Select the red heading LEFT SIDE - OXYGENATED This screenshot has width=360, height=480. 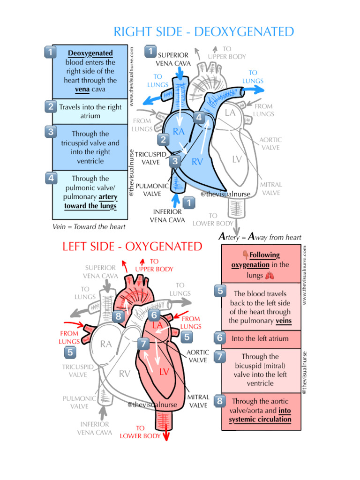[x=132, y=247]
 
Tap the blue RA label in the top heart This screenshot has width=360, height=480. [x=179, y=132]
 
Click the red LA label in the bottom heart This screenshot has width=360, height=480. [x=157, y=325]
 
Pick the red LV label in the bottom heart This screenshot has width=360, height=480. [x=164, y=372]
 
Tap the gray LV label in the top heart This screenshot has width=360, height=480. [x=237, y=159]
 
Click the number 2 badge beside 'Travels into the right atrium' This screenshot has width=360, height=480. [x=51, y=107]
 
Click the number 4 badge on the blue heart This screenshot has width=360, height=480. [x=199, y=117]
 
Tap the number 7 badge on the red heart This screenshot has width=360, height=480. [x=144, y=344]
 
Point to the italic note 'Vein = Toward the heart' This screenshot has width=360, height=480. [x=89, y=227]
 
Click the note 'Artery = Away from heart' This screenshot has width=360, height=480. [x=260, y=237]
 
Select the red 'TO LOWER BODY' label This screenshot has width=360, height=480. [x=140, y=432]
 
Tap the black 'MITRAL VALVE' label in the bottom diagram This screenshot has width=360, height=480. [x=198, y=401]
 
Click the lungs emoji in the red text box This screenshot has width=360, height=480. [x=269, y=276]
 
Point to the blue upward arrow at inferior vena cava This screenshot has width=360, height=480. [x=176, y=201]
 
